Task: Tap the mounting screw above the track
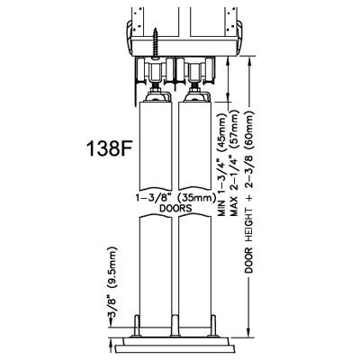click(x=156, y=42)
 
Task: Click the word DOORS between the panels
click(x=175, y=208)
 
